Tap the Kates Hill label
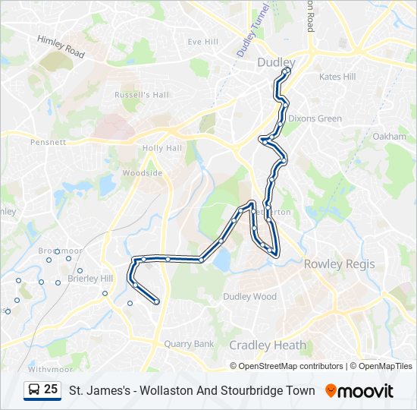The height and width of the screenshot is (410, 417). tap(337, 77)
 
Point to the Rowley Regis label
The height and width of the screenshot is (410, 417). tap(339, 263)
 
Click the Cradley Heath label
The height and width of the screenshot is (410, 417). tap(268, 345)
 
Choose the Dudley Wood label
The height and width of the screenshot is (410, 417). tap(249, 297)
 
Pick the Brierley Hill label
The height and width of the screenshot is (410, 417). tap(89, 279)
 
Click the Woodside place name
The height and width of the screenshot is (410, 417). tap(143, 173)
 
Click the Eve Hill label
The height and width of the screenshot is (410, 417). tap(202, 42)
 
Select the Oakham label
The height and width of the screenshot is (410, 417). tap(390, 137)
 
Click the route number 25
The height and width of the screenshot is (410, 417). tap(51, 389)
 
